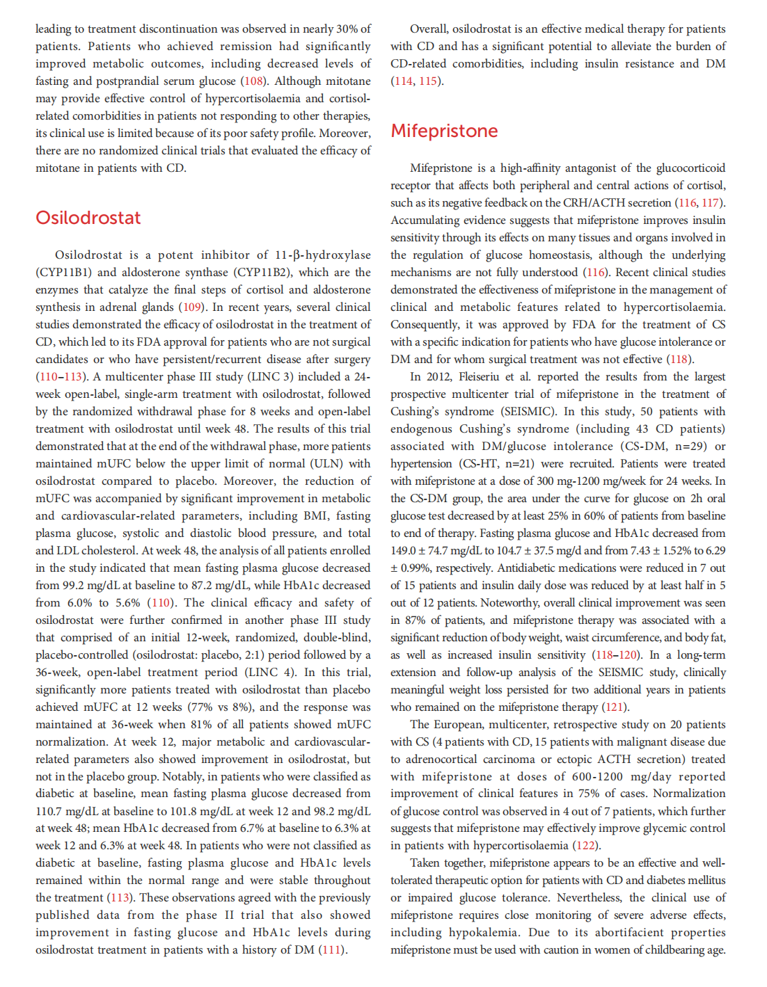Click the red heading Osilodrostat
click(88, 218)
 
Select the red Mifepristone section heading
click(444, 131)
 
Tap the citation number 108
click(254, 81)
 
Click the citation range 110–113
click(60, 377)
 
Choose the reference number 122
click(585, 846)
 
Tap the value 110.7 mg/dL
click(68, 811)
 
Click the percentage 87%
click(416, 620)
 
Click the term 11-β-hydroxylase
click(323, 255)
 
